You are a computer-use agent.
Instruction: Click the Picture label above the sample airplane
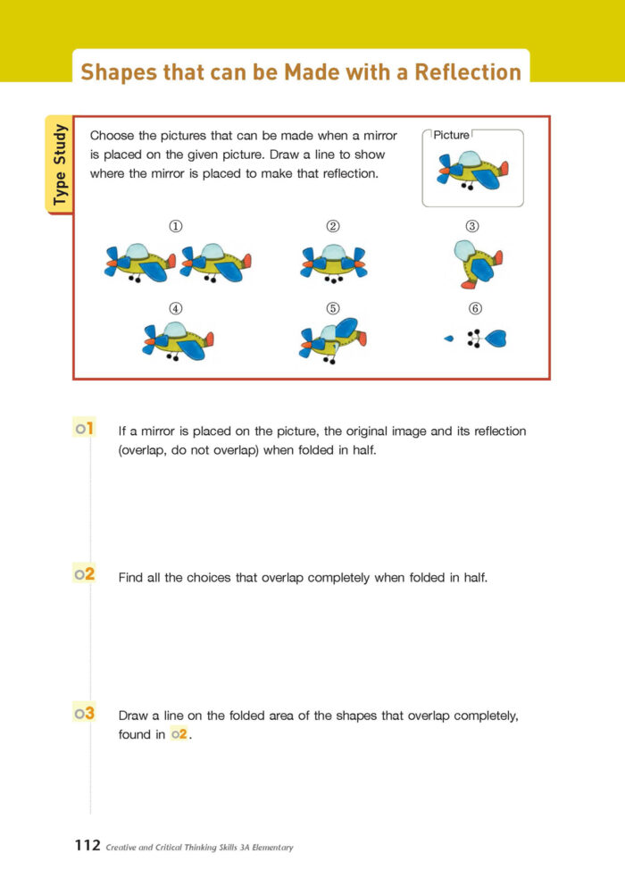coord(451,135)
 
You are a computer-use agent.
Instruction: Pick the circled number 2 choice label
coord(333,227)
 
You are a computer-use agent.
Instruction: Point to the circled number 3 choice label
coord(474,227)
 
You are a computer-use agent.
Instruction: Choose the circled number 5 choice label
coord(333,308)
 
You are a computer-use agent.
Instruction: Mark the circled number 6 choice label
coord(475,308)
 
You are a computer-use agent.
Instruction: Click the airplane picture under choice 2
coord(333,263)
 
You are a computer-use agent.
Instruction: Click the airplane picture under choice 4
coord(179,341)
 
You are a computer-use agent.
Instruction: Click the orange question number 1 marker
coord(85,430)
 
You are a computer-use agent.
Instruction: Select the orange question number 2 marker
coord(85,575)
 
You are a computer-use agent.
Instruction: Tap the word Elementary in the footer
coord(265,848)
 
